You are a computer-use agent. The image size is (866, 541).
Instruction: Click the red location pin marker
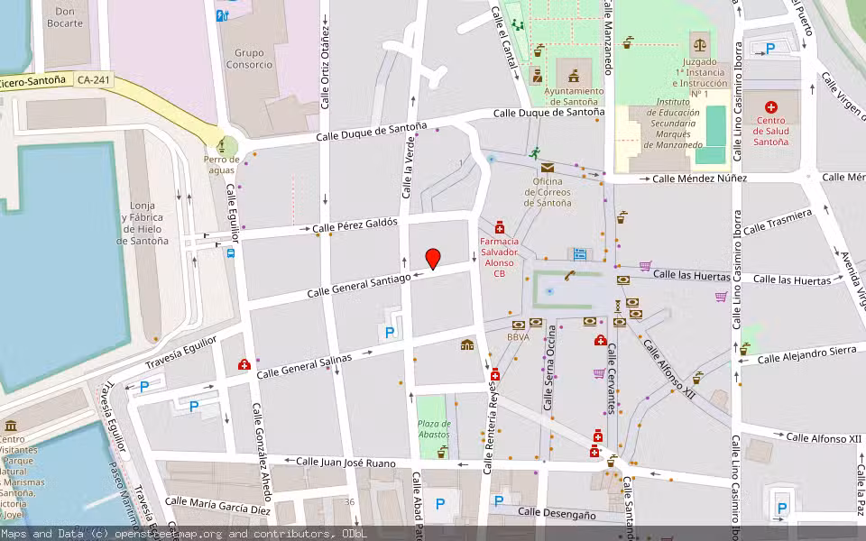click(433, 258)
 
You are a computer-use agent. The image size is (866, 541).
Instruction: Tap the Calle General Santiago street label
click(359, 285)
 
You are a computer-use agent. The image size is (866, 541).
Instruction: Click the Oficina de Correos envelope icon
click(548, 167)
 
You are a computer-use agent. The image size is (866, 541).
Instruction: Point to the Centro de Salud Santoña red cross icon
click(771, 107)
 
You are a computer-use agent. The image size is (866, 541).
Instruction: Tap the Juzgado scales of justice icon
click(699, 43)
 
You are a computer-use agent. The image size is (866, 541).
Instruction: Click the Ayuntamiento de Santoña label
click(574, 96)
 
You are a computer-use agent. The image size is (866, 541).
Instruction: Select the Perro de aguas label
click(221, 164)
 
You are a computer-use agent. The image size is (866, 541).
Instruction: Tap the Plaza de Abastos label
click(433, 429)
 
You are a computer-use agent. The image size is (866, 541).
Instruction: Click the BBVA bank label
click(518, 337)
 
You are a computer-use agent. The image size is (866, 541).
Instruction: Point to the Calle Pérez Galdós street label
click(355, 225)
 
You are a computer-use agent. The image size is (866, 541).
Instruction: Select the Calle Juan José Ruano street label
click(346, 463)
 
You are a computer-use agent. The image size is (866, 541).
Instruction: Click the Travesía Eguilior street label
click(180, 355)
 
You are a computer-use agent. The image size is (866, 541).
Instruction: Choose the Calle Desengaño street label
click(557, 514)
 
